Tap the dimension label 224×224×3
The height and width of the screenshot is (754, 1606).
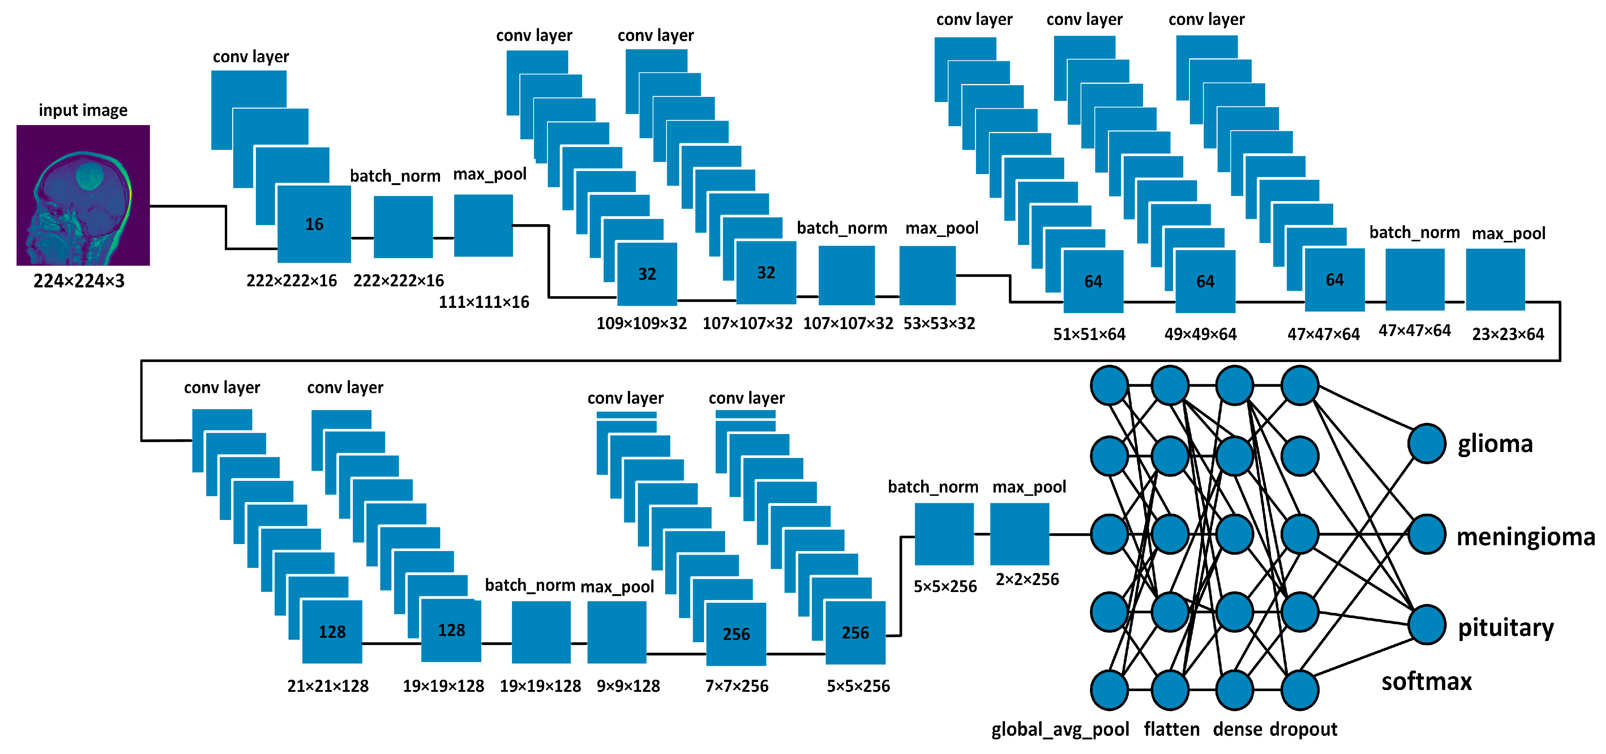(79, 281)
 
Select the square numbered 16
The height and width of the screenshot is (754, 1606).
(314, 224)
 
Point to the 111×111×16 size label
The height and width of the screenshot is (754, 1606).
(484, 302)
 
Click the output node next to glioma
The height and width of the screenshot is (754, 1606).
(1426, 444)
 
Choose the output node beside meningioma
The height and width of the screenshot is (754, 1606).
(1426, 535)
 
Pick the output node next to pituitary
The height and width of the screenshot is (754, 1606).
(1426, 625)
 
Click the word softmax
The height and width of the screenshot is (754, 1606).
(1426, 682)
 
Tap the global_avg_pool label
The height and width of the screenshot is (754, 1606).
(1060, 730)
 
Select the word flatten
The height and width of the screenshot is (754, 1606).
(1172, 730)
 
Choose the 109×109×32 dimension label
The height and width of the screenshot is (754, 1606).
(641, 324)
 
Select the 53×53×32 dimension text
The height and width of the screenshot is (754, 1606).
(939, 324)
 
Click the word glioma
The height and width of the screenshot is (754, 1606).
(1495, 444)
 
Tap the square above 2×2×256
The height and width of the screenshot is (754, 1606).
(1019, 534)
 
